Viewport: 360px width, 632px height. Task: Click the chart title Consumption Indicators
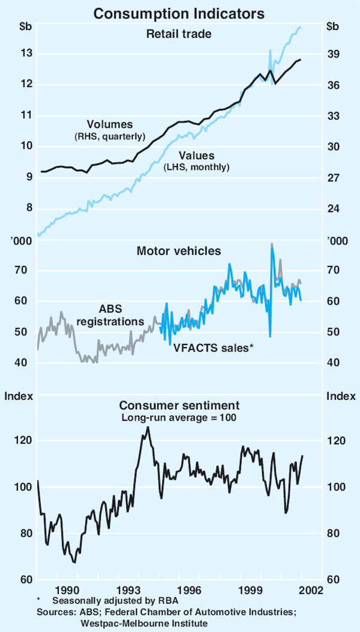[x=180, y=10]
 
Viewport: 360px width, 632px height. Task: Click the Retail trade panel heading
[x=179, y=34]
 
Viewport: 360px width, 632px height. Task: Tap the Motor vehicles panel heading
[x=179, y=250]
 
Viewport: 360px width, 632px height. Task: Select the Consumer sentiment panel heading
[x=179, y=405]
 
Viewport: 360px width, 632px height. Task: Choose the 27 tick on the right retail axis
[x=333, y=178]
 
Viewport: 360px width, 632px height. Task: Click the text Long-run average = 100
[x=179, y=417]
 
